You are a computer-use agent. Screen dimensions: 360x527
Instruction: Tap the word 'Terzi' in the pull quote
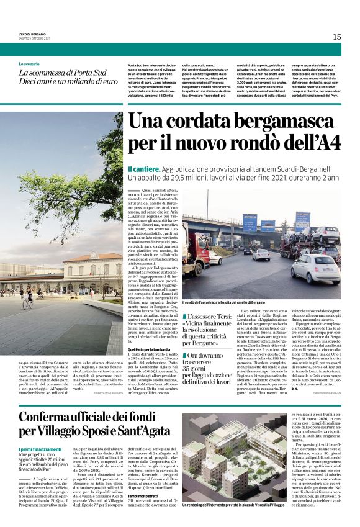232,317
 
